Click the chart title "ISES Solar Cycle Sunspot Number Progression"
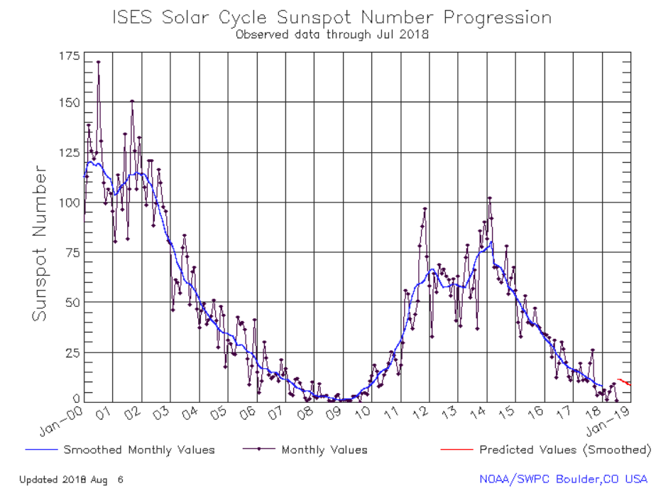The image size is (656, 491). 332,17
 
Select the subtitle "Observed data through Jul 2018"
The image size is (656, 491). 332,33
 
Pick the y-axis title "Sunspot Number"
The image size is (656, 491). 40,244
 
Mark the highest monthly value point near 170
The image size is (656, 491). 98,62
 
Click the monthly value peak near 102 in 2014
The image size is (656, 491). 489,198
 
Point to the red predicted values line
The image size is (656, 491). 623,382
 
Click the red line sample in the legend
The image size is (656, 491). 454,450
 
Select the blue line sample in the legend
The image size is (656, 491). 41,450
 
